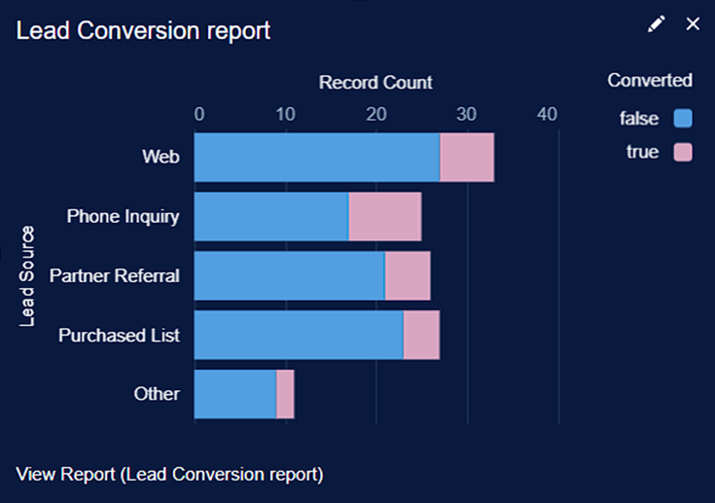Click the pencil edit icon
point(657,24)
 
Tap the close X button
point(693,24)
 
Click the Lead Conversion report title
point(143,30)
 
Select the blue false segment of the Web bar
point(317,157)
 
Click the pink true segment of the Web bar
point(467,157)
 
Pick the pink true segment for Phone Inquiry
point(385,216)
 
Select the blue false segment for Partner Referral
point(290,275)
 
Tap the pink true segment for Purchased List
point(421,335)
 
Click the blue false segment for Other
point(235,394)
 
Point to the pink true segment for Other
point(285,394)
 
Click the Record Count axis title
point(375,83)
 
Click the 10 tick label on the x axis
point(285,115)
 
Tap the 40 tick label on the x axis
point(547,115)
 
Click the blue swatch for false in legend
point(683,119)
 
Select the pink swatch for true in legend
point(683,152)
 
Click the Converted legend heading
point(649,81)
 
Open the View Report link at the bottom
point(169,474)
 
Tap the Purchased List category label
point(119,336)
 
